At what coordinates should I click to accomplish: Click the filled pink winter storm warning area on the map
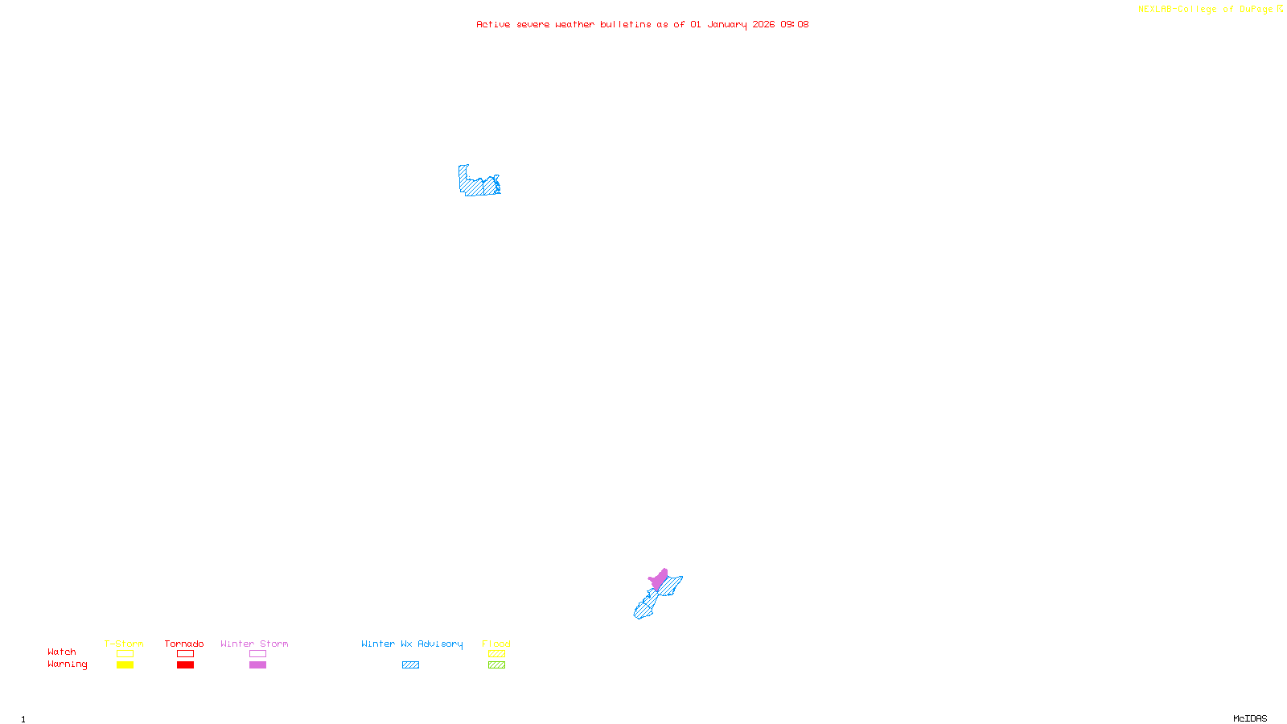pos(660,579)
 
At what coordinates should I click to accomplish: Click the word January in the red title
pos(727,24)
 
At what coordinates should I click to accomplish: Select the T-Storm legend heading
pos(124,644)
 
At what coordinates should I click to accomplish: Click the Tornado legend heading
pos(184,644)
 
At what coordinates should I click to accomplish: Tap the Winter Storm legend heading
pos(254,644)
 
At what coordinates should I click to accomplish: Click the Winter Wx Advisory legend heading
pos(412,644)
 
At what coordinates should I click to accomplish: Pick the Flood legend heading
pos(496,644)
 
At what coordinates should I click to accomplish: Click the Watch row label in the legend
pos(62,652)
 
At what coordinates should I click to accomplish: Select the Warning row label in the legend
pos(67,664)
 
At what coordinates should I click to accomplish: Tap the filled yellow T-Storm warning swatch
pos(125,665)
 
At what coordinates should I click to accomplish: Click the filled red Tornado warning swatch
pos(186,665)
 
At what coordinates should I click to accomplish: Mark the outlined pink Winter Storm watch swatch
pos(257,654)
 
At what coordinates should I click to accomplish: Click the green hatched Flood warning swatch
pos(496,665)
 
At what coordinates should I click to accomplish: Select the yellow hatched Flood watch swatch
pos(496,654)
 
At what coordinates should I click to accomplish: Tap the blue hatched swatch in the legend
pos(410,665)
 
